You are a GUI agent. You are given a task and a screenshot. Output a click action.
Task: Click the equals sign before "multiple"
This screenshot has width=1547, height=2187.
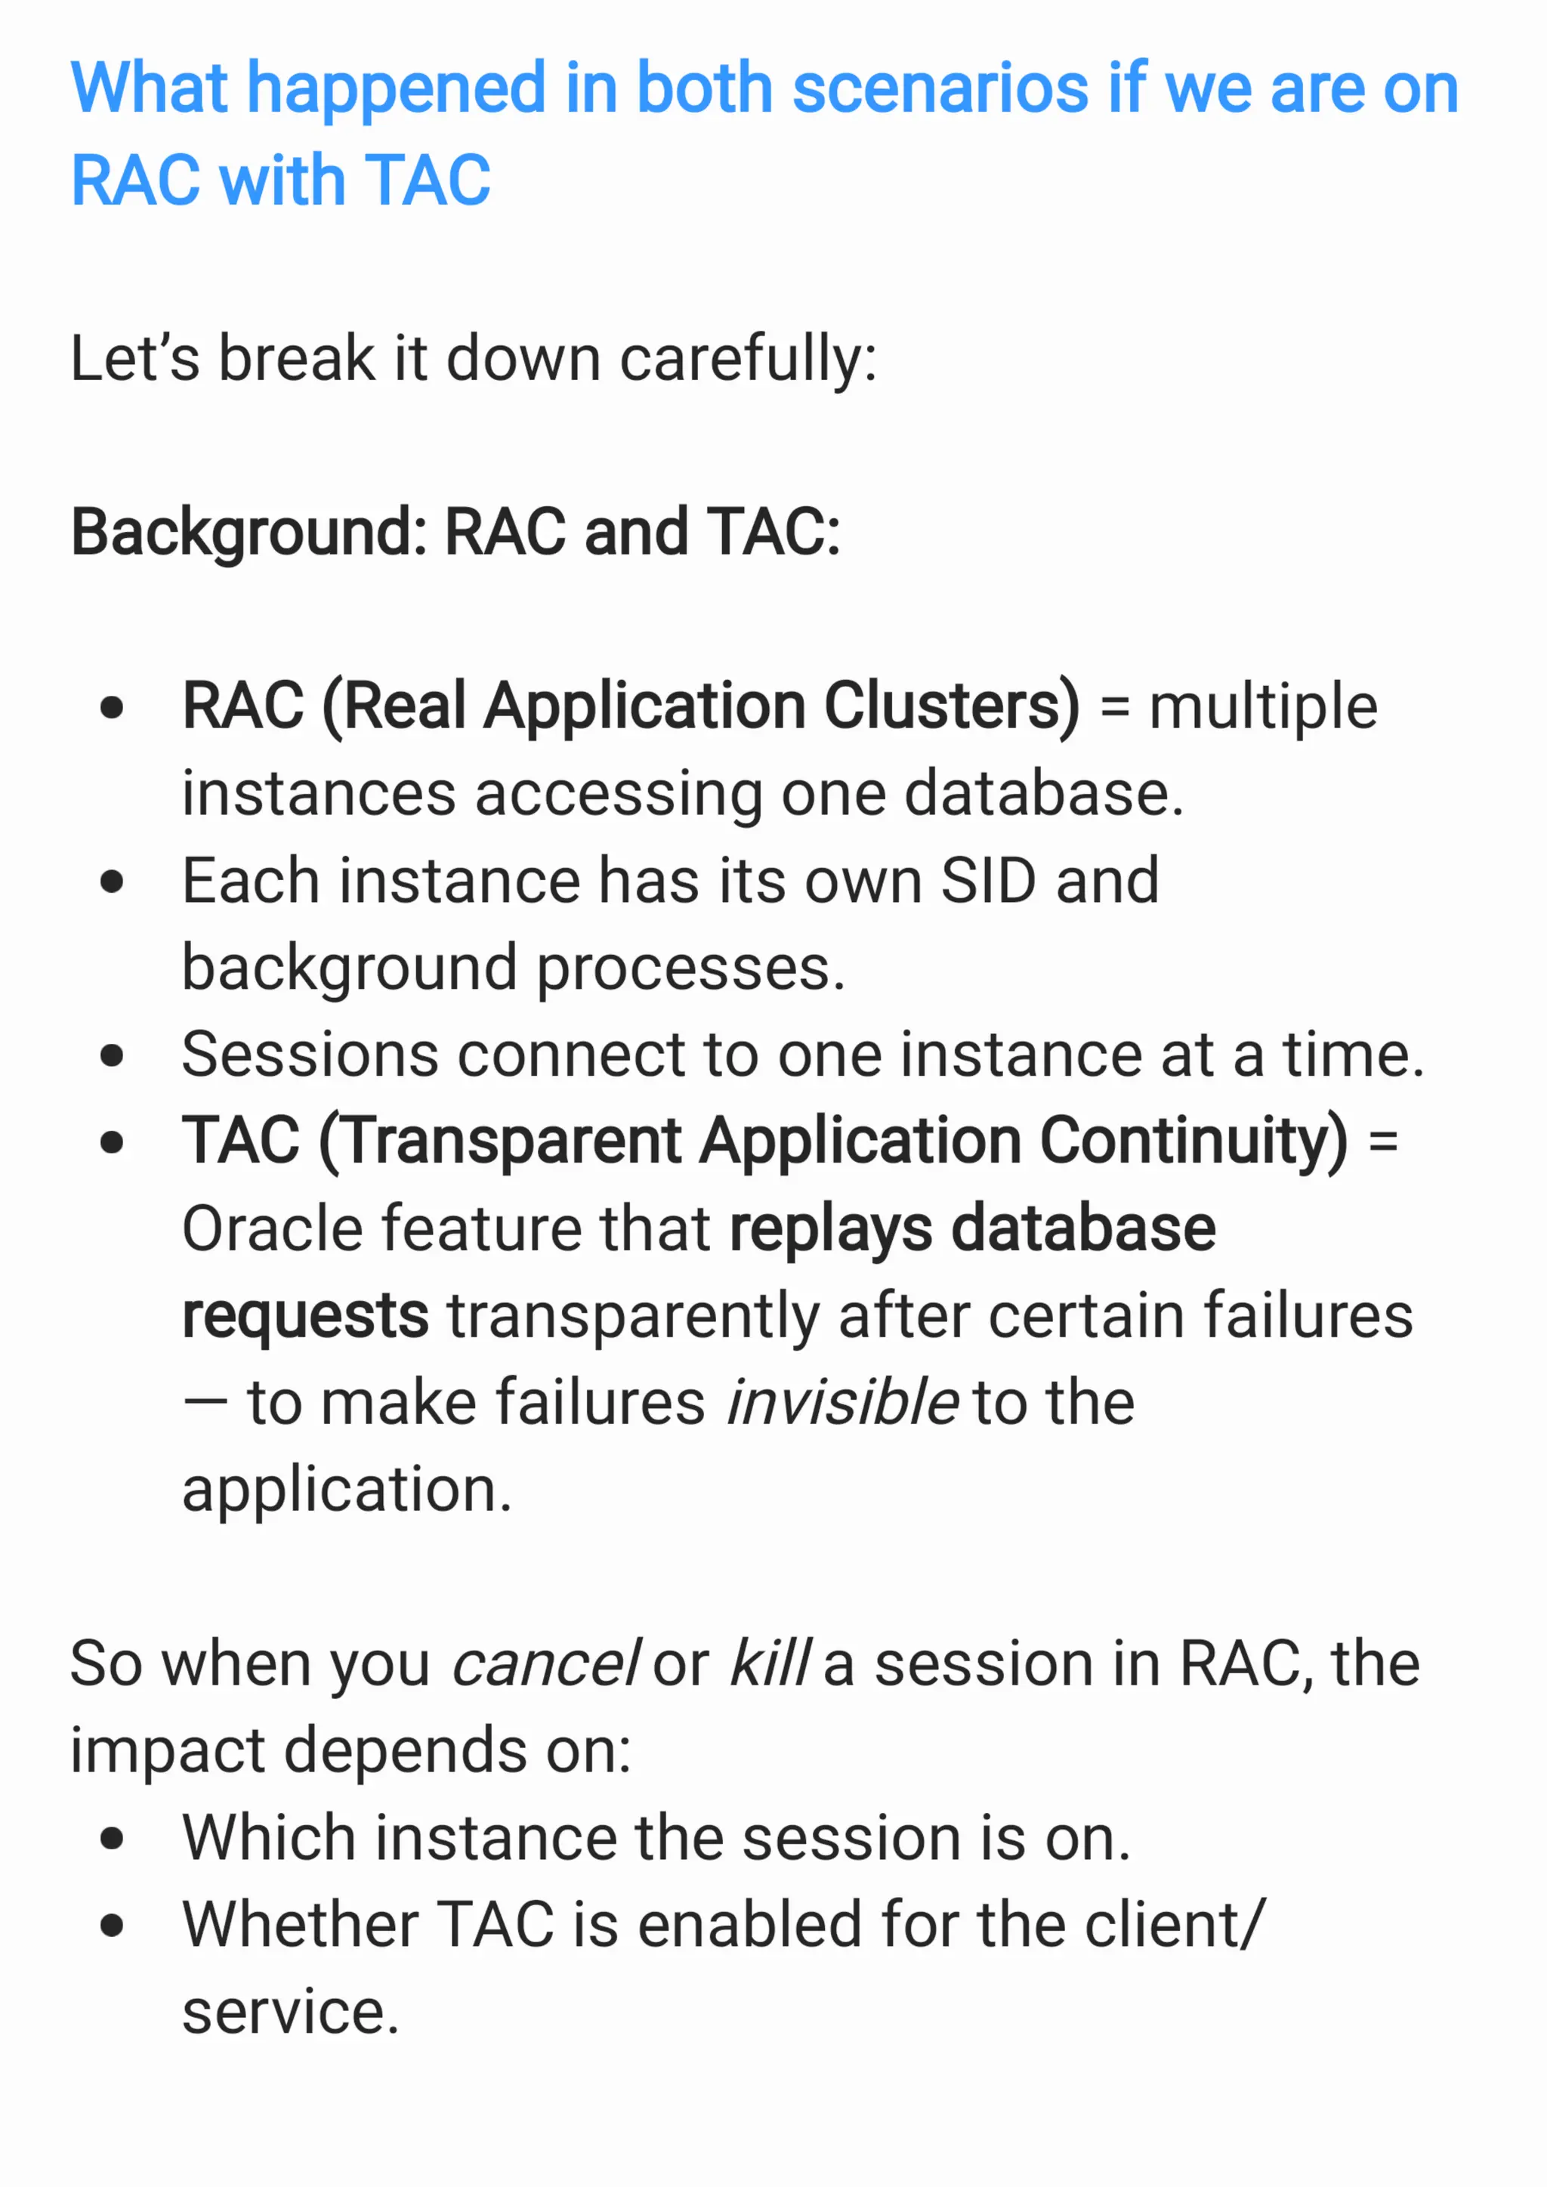(x=1113, y=708)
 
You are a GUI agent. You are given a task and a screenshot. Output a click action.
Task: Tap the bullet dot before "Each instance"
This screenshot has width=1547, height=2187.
(x=113, y=881)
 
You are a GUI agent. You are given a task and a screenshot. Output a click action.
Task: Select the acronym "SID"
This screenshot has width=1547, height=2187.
(x=988, y=880)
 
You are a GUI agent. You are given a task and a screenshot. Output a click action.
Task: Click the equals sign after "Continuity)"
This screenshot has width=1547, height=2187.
(x=1382, y=1141)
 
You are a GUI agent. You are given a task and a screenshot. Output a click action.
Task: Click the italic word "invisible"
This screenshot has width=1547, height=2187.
(x=841, y=1402)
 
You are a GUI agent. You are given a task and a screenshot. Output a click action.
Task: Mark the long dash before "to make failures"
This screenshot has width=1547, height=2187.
(x=205, y=1403)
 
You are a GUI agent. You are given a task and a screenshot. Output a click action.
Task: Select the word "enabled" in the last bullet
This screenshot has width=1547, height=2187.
(x=749, y=1925)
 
